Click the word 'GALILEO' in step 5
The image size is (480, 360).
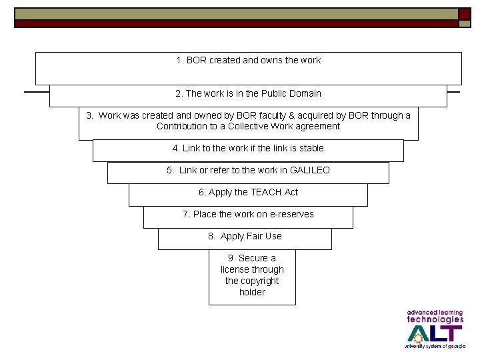click(x=309, y=171)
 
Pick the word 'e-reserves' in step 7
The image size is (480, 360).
click(x=291, y=215)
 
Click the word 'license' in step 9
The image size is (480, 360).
click(x=237, y=270)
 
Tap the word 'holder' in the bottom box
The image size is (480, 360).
click(x=252, y=293)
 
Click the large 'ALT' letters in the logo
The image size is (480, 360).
click(x=434, y=333)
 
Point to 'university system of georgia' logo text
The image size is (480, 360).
click(x=434, y=347)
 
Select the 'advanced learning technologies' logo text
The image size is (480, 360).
click(x=434, y=316)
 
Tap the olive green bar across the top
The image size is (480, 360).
click(x=233, y=13)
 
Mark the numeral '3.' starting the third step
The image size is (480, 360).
click(x=90, y=116)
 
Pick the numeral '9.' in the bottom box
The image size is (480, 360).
click(x=232, y=259)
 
